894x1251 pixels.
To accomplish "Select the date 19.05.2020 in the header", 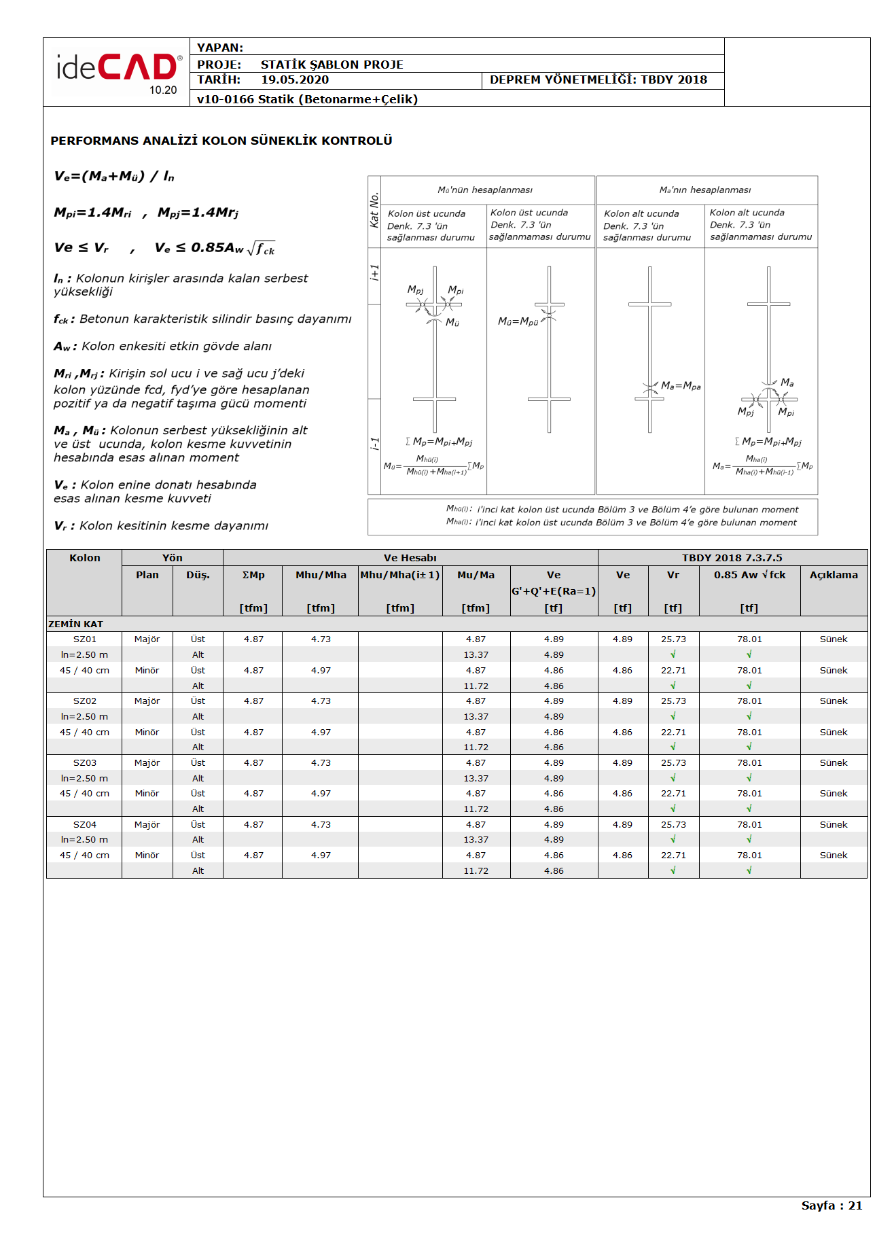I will pyautogui.click(x=295, y=80).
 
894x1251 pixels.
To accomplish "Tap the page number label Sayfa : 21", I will pyautogui.click(x=831, y=1205).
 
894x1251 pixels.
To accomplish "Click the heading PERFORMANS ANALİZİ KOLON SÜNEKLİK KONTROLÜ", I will pyautogui.click(x=221, y=141).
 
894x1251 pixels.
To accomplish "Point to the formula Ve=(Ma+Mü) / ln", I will pyautogui.click(x=114, y=177).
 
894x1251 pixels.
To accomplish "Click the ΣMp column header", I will pyautogui.click(x=253, y=576).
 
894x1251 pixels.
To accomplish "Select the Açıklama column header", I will pyautogui.click(x=834, y=576).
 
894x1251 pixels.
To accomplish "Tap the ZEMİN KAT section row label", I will pyautogui.click(x=76, y=624).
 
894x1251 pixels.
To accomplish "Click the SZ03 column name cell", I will pyautogui.click(x=85, y=763).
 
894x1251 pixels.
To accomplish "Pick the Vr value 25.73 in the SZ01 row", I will pyautogui.click(x=673, y=639).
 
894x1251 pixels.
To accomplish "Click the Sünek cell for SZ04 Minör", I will pyautogui.click(x=834, y=856).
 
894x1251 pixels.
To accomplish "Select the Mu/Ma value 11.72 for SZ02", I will pyautogui.click(x=476, y=747).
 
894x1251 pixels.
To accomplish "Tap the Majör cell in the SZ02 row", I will pyautogui.click(x=147, y=701).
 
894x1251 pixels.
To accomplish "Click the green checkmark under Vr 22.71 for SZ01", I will pyautogui.click(x=673, y=686).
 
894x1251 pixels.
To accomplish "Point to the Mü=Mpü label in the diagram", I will pyautogui.click(x=518, y=321).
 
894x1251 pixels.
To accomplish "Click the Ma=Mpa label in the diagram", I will pyautogui.click(x=681, y=386).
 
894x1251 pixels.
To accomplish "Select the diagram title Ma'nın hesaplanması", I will pyautogui.click(x=705, y=190).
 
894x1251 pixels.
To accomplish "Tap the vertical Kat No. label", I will pyautogui.click(x=374, y=211).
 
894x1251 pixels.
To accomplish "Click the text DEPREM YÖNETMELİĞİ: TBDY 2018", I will pyautogui.click(x=598, y=80).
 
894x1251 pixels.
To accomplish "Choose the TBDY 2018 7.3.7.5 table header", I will pyautogui.click(x=732, y=559).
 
